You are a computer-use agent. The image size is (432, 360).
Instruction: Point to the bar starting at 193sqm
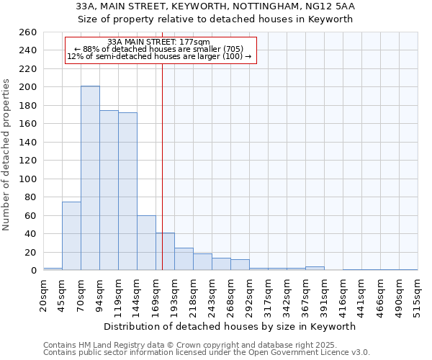click(184, 259)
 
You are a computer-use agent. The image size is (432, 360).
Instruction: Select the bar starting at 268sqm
click(240, 265)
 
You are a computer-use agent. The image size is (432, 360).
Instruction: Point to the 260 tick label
click(28, 32)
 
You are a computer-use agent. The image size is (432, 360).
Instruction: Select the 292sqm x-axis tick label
click(249, 294)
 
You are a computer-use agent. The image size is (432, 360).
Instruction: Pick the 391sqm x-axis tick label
click(324, 294)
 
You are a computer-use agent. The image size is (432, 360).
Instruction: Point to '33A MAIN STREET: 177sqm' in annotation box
click(158, 42)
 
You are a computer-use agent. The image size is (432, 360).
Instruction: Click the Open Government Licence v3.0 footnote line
click(207, 353)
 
